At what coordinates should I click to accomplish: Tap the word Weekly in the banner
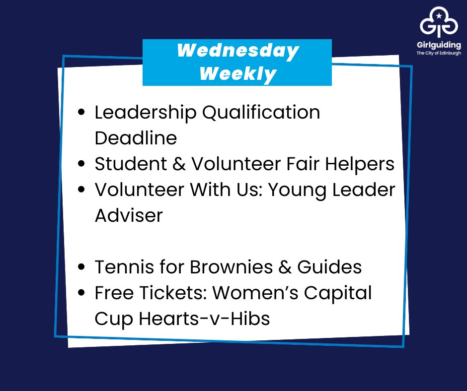click(x=238, y=74)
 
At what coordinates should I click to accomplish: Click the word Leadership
click(x=144, y=113)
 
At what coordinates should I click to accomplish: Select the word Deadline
click(x=136, y=138)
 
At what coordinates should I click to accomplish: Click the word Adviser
click(x=129, y=215)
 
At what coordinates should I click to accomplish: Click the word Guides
click(x=329, y=267)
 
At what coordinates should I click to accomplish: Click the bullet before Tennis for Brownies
click(x=82, y=267)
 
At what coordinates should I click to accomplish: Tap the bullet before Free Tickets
click(x=82, y=293)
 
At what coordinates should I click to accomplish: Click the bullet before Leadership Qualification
click(x=82, y=113)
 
